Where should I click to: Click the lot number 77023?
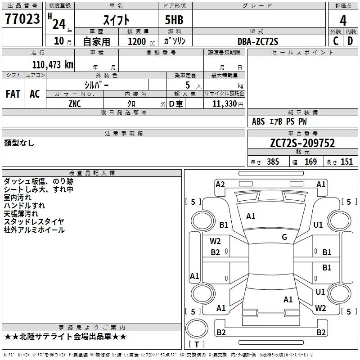(x=22, y=18)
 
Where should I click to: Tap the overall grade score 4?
(x=343, y=20)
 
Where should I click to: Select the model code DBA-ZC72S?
(x=258, y=41)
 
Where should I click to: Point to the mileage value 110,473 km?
(x=53, y=64)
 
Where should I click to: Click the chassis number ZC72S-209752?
(x=302, y=143)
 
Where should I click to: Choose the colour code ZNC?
(x=75, y=104)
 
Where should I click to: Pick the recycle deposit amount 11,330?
(x=224, y=104)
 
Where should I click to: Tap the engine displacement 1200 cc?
(x=141, y=41)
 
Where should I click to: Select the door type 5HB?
(x=174, y=20)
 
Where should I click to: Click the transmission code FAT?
(x=13, y=94)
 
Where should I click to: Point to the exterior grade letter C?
(x=336, y=41)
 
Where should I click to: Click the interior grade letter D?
(x=350, y=41)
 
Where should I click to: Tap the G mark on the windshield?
(x=284, y=237)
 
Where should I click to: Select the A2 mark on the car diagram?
(x=220, y=184)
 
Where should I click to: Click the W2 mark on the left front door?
(x=215, y=241)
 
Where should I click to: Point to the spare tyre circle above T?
(x=197, y=328)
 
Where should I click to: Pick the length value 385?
(x=273, y=162)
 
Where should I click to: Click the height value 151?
(x=346, y=162)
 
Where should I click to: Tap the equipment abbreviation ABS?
(x=258, y=121)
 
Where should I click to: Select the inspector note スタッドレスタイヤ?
(x=34, y=221)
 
